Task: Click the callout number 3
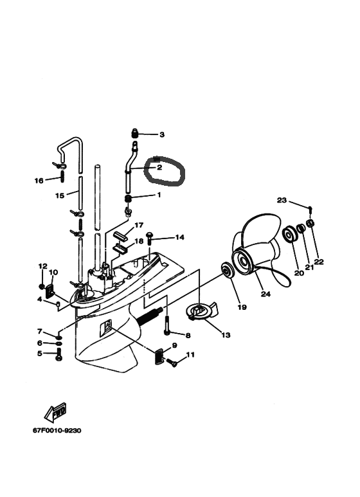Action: click(x=162, y=135)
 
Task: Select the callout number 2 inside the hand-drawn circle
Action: click(x=159, y=167)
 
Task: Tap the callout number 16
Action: click(x=39, y=181)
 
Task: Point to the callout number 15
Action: click(x=60, y=195)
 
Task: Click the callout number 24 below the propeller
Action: click(x=265, y=294)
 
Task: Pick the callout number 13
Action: click(x=226, y=335)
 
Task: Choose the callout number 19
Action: click(x=242, y=307)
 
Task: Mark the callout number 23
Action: click(x=282, y=201)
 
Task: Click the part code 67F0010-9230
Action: click(x=57, y=430)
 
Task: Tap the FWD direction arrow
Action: click(x=55, y=412)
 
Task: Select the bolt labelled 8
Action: click(x=167, y=325)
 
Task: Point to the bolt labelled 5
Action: click(x=59, y=354)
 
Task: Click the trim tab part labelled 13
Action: click(x=202, y=311)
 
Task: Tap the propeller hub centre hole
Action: click(x=244, y=262)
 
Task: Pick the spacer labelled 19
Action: click(x=227, y=270)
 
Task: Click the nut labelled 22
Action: click(x=310, y=223)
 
